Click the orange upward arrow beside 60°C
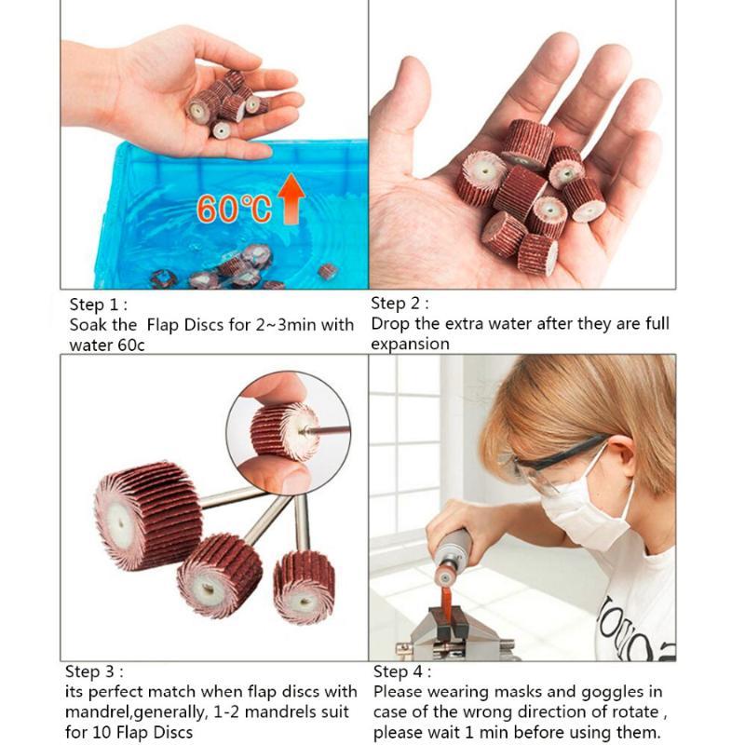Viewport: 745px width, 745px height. pyautogui.click(x=291, y=198)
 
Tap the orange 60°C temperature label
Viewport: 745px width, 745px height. pyautogui.click(x=234, y=209)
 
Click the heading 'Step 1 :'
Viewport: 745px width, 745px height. pyautogui.click(x=99, y=305)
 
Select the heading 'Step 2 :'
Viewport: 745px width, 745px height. pyautogui.click(x=400, y=304)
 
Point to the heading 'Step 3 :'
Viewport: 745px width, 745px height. pyautogui.click(x=94, y=671)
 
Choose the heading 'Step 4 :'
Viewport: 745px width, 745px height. pyautogui.click(x=402, y=671)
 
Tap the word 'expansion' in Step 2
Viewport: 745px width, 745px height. pyautogui.click(x=410, y=344)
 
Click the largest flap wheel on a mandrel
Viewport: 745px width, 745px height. pyautogui.click(x=148, y=515)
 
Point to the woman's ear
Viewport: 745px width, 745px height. pyautogui.click(x=622, y=455)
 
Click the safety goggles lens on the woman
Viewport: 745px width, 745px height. pyautogui.click(x=533, y=475)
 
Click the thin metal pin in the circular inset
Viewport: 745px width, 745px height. pyautogui.click(x=327, y=430)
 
